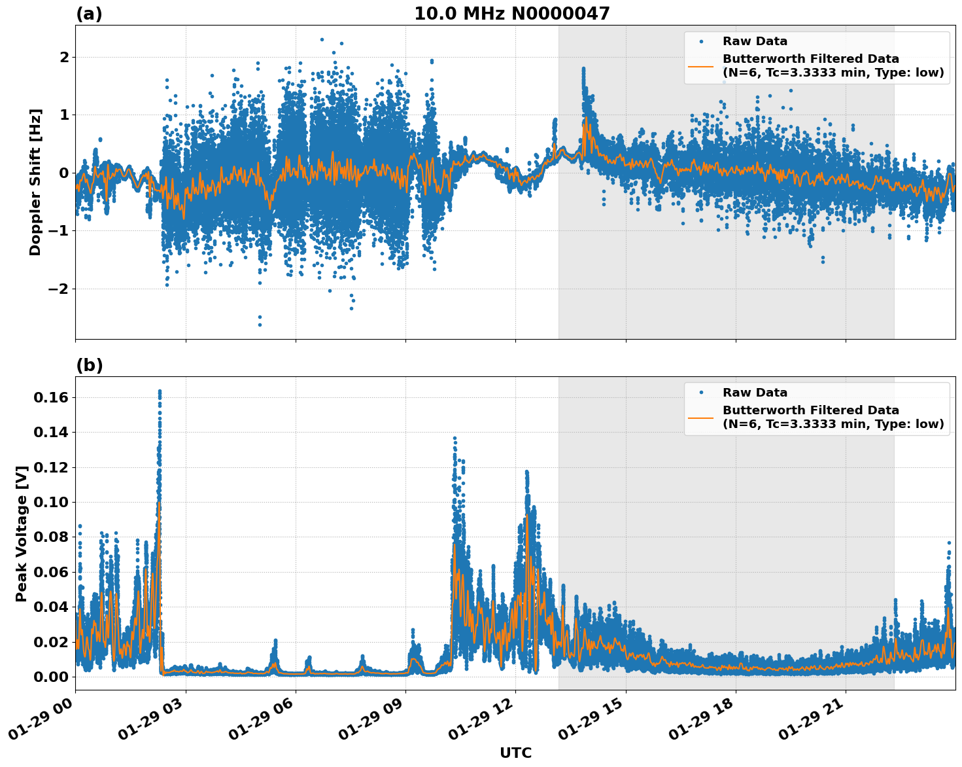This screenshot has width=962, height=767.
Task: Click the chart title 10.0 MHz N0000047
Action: click(511, 14)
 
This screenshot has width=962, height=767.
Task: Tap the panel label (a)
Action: click(89, 14)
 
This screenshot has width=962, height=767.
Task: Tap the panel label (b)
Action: click(89, 365)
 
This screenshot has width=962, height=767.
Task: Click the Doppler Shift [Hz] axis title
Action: click(35, 182)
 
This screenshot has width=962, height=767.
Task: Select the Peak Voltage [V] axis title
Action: click(22, 533)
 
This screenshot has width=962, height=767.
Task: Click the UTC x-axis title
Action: click(515, 753)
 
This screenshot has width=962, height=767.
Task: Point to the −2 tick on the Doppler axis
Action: click(59, 289)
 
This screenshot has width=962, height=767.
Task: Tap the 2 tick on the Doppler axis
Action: click(64, 57)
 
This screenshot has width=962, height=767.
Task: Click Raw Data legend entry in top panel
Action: click(755, 41)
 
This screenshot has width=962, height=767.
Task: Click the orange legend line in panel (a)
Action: click(701, 65)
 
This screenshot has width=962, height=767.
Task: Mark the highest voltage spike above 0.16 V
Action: click(160, 391)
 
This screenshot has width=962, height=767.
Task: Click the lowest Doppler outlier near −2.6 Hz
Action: click(260, 325)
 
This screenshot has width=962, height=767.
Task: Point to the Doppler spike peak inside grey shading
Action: click(583, 68)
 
